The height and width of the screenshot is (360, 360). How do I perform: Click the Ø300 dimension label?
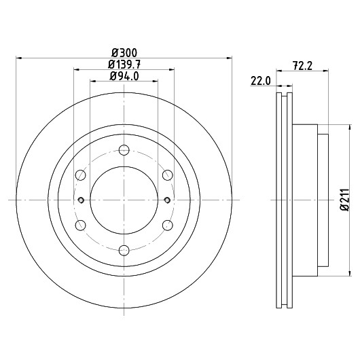point(124,53)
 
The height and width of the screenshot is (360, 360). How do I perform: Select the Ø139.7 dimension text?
point(124,65)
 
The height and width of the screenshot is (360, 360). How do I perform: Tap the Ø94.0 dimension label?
point(124,76)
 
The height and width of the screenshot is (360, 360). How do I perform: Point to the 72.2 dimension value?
point(302,66)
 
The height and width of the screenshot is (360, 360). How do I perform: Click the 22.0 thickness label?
point(261,81)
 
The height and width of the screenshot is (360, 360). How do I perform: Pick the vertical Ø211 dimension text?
point(344,200)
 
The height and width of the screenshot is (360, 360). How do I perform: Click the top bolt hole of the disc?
point(124,150)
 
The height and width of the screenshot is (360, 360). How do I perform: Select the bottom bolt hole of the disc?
point(124,250)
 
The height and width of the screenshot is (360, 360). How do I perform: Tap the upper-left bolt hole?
point(81,175)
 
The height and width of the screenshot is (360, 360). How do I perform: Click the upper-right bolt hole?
point(167,175)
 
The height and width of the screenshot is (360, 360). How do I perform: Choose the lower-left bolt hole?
point(81,226)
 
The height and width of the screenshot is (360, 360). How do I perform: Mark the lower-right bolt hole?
point(167,226)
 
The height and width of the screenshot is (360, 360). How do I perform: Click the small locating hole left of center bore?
point(81,200)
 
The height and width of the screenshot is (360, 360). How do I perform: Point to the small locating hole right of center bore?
point(167,200)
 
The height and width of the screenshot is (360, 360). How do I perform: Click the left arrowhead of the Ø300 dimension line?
point(19,58)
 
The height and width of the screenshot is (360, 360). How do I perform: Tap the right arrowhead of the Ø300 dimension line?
point(229,58)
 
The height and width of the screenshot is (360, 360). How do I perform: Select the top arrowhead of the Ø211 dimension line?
point(350,128)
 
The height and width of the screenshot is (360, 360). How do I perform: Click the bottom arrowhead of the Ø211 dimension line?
point(350,273)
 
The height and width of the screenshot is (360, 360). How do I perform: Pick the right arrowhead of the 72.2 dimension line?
point(325,71)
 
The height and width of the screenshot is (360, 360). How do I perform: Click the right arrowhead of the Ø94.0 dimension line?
point(155,81)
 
